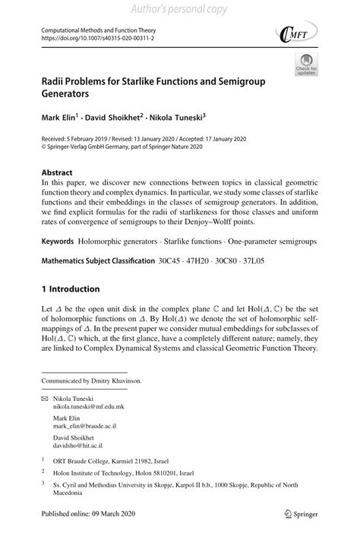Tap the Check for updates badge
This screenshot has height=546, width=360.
pos(305,67)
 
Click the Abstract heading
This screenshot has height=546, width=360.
pos(57,172)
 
